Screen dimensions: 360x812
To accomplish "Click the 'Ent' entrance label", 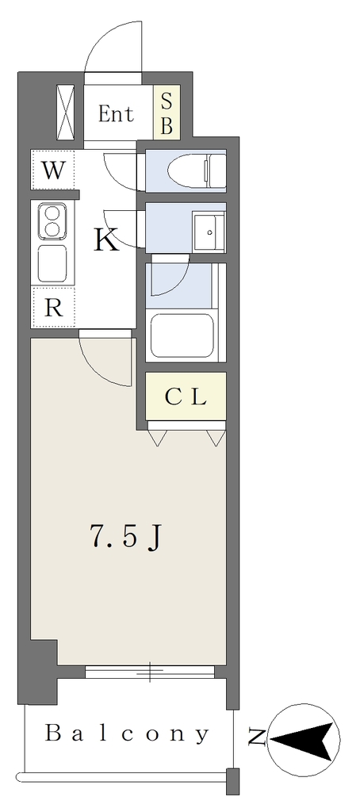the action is [x=116, y=114].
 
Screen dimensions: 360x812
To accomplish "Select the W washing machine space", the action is [x=53, y=170].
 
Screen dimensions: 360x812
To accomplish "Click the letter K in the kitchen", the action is [x=106, y=239].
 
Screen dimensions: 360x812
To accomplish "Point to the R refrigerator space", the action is [x=53, y=308].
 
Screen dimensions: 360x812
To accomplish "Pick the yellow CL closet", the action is [x=186, y=396].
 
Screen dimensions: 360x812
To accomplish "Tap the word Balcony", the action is [x=128, y=733].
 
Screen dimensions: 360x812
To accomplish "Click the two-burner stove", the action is [x=52, y=220].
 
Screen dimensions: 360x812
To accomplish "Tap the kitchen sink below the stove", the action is [x=52, y=263].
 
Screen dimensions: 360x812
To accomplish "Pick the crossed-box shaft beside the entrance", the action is [x=65, y=113].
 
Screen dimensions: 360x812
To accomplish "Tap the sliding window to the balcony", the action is [x=150, y=672].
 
